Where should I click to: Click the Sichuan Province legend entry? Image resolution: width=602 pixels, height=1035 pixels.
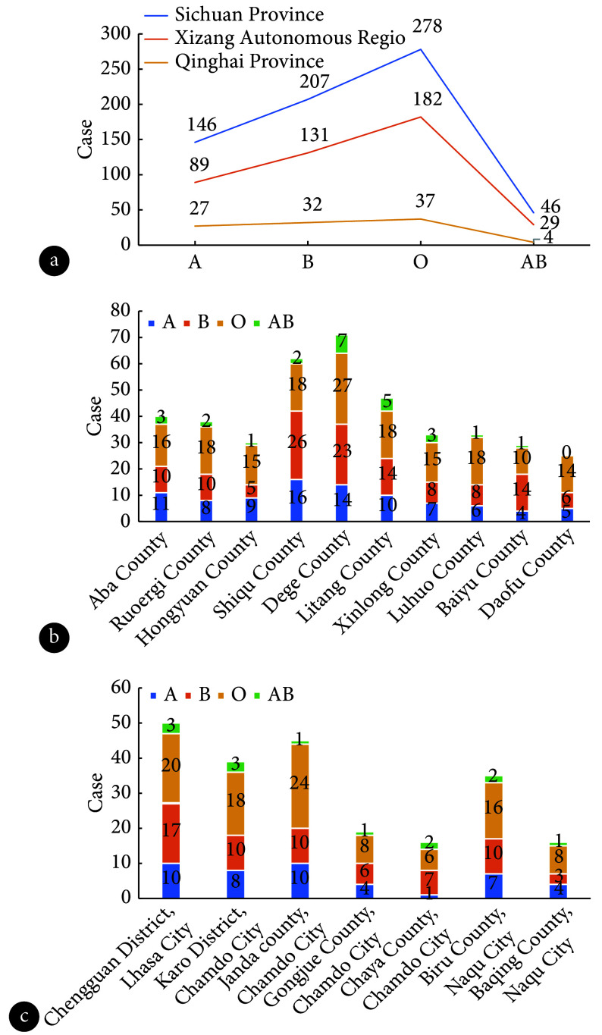[234, 15]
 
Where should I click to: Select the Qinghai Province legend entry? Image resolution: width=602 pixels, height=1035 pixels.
[234, 61]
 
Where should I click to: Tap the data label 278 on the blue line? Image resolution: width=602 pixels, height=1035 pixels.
[428, 26]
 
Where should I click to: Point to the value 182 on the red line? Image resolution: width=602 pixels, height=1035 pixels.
[428, 99]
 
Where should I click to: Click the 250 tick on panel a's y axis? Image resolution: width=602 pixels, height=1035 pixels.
[116, 68]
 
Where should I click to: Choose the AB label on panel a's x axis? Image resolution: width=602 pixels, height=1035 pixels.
[534, 262]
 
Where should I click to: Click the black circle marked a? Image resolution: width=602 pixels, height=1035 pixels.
[54, 261]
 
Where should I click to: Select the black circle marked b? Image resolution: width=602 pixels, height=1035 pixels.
[54, 637]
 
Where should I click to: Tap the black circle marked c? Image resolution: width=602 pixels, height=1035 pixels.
[24, 1017]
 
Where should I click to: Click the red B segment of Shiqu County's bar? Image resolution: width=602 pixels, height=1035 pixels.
[296, 444]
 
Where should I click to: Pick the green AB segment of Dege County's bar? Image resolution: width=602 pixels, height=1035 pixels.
[342, 343]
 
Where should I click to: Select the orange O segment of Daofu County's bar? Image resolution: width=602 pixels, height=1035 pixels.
[566, 475]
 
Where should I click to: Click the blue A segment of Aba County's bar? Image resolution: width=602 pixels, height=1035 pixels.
[161, 507]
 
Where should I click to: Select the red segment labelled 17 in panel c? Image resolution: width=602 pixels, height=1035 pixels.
[171, 833]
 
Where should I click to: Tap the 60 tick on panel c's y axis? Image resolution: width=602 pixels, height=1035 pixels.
[121, 687]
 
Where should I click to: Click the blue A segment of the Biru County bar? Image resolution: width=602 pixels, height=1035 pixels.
[494, 886]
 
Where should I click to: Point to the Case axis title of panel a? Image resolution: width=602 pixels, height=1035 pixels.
[86, 139]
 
